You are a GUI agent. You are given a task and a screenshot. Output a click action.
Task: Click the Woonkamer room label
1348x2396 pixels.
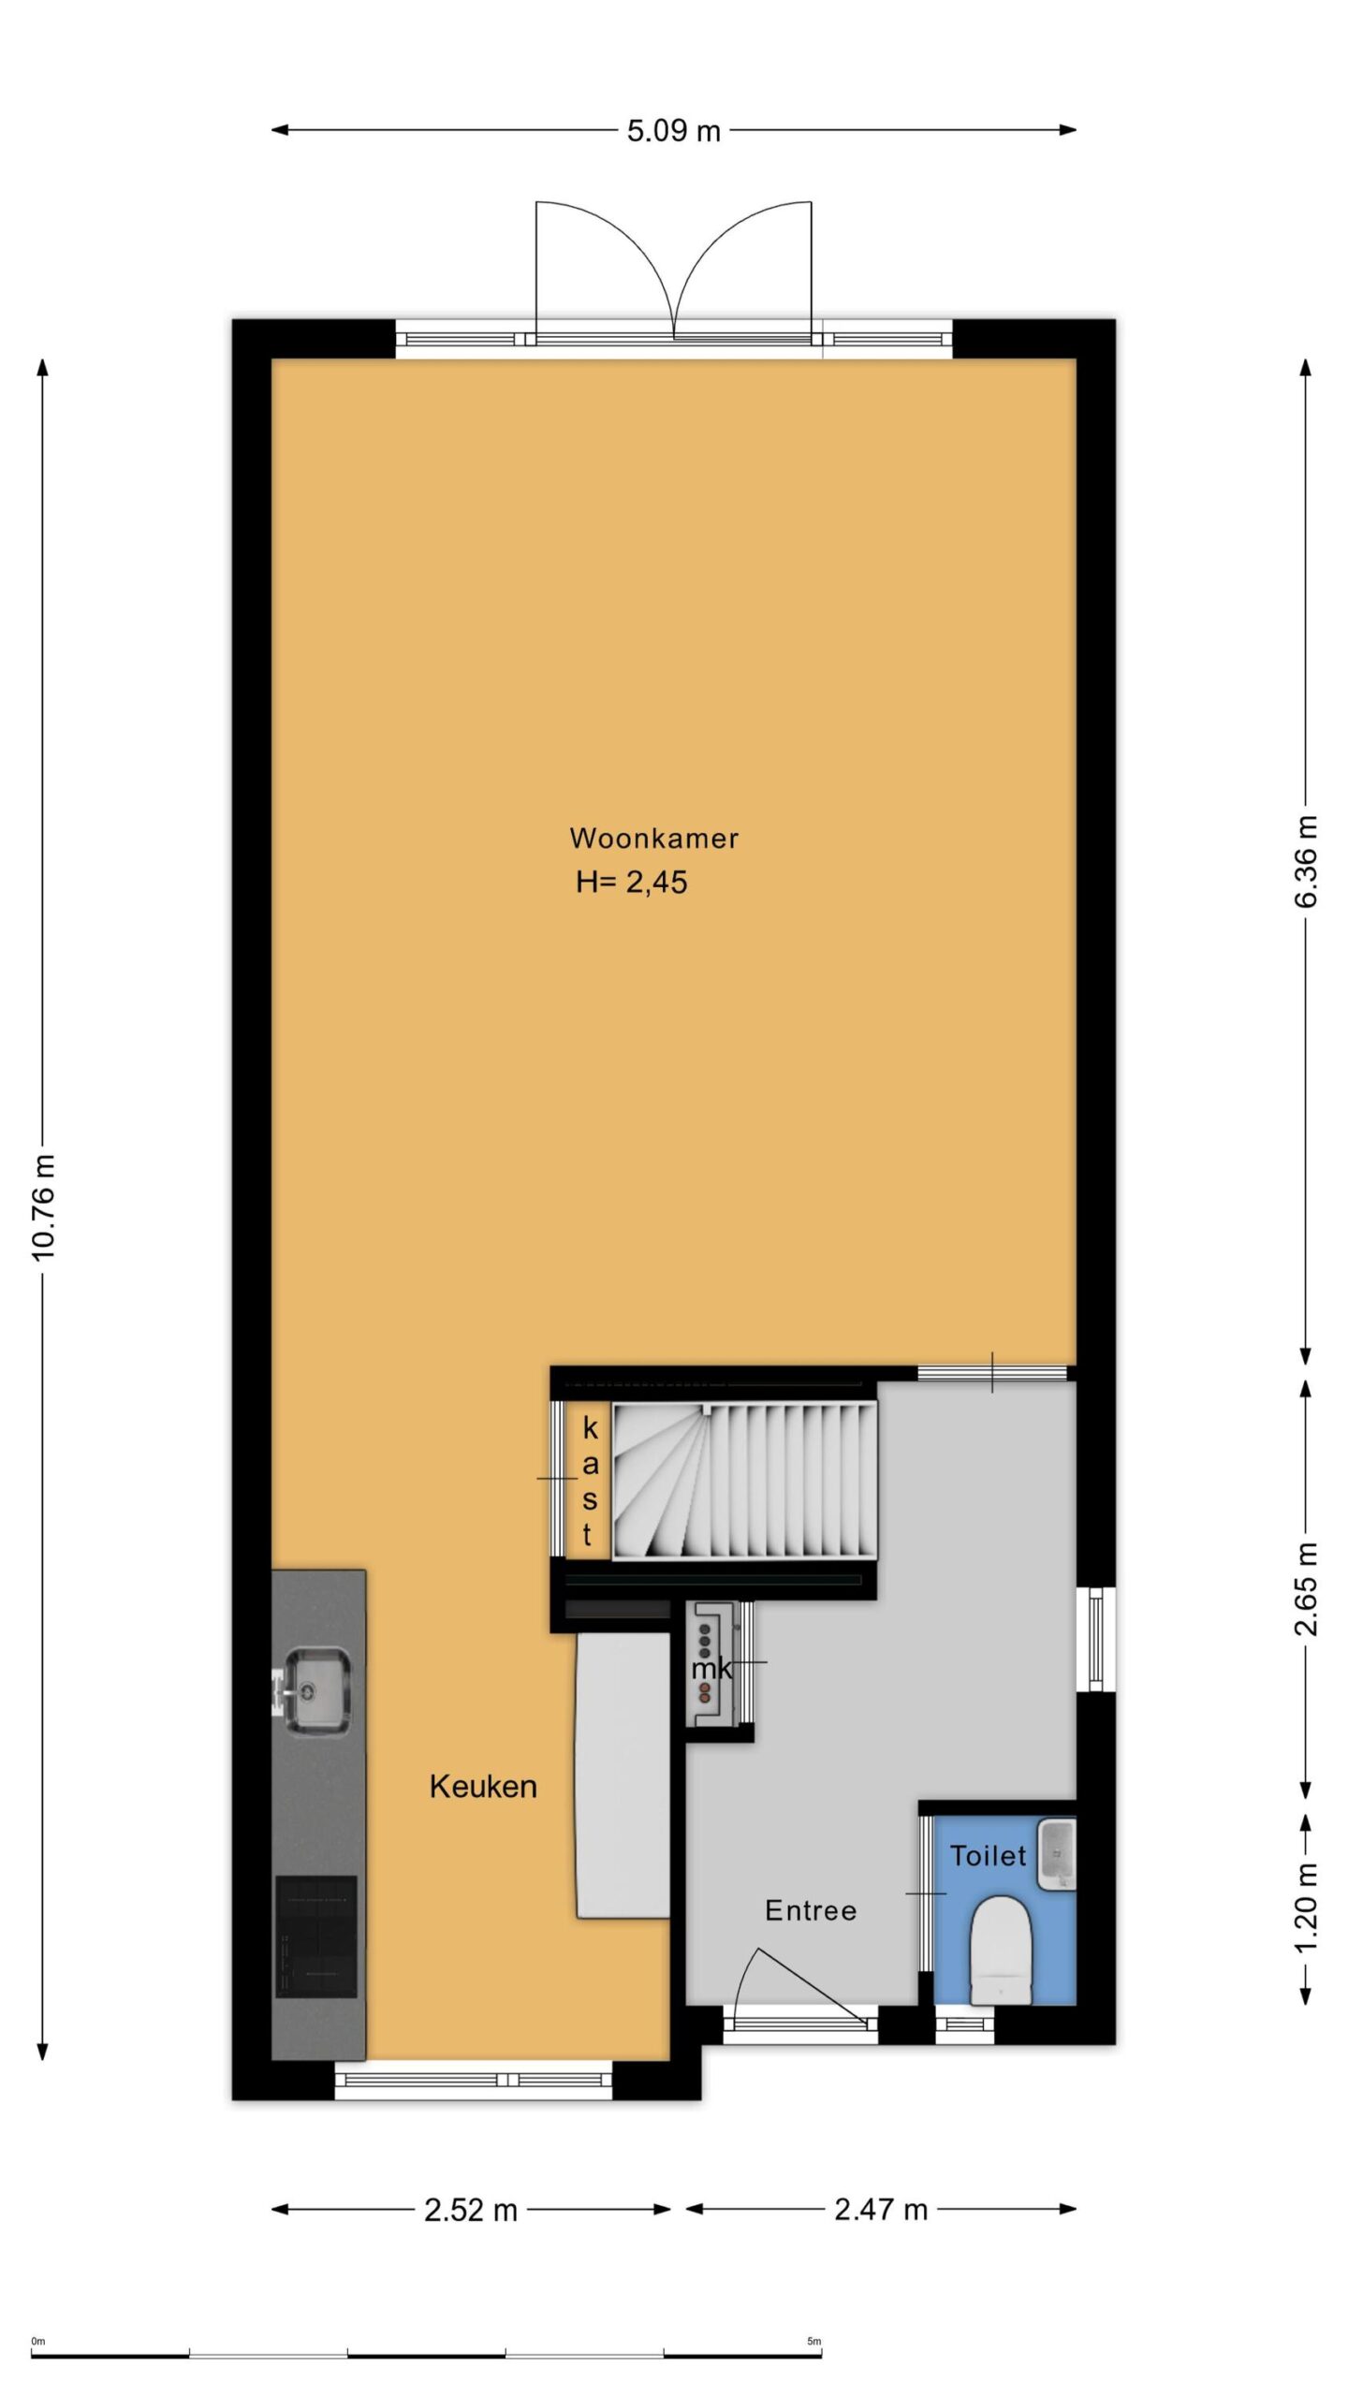653,838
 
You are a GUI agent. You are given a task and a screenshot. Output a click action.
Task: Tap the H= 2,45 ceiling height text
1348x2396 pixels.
632,882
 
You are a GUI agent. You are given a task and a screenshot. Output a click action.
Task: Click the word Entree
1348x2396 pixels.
811,1910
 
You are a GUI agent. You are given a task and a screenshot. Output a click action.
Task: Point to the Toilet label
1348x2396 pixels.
989,1855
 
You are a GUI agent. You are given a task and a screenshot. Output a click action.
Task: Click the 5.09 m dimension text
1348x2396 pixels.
674,131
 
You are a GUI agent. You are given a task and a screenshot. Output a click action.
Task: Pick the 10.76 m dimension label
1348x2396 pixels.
44,1207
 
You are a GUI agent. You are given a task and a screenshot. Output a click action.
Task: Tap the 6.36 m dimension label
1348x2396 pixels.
1307,861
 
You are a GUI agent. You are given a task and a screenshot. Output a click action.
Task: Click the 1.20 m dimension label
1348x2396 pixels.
1307,1907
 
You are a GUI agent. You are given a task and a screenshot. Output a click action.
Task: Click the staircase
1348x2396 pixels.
745,1481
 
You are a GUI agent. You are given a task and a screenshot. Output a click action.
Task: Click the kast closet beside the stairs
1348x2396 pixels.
589,1481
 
